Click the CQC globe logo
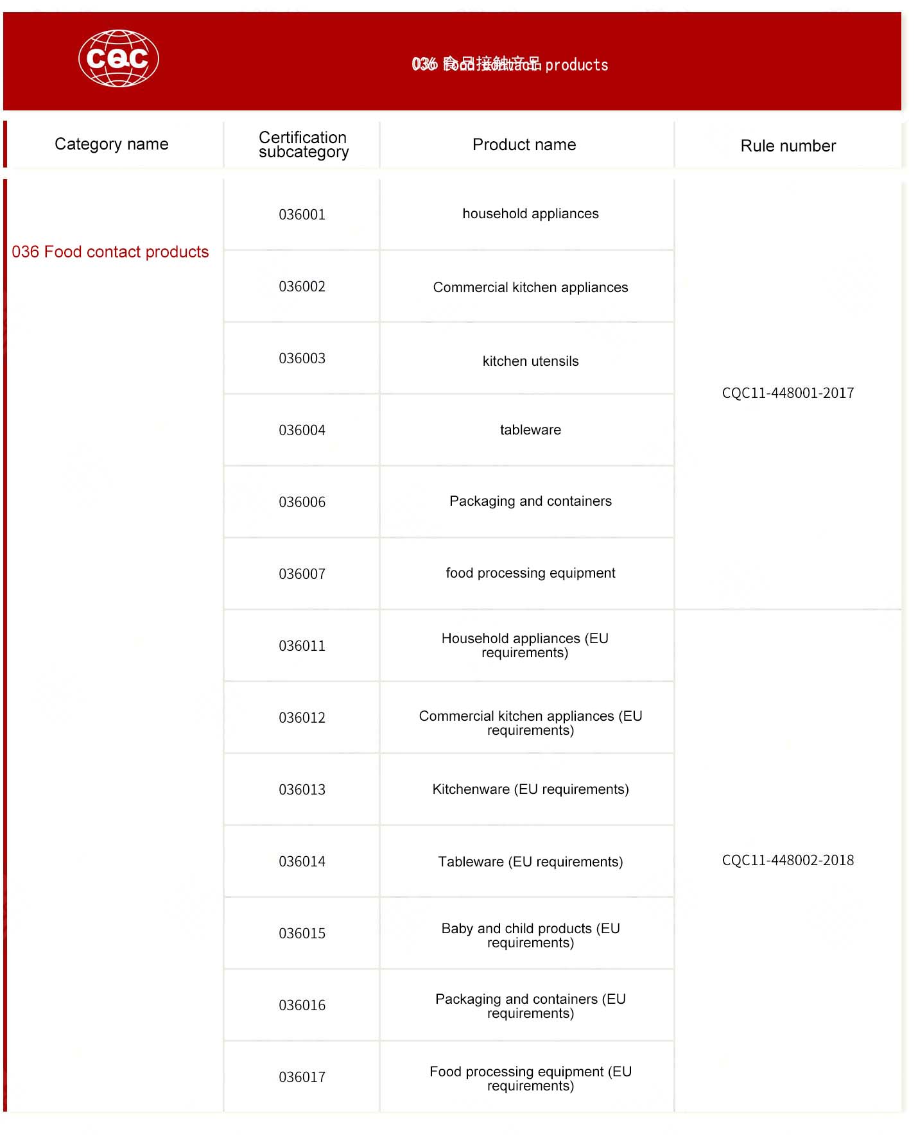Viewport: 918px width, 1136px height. tap(119, 58)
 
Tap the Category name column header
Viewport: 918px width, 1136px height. tap(112, 144)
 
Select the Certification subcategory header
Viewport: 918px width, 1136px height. tap(303, 145)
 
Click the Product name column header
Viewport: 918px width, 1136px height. tap(524, 145)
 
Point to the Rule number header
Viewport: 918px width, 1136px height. tap(788, 146)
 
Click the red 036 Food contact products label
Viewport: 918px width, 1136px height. tap(110, 252)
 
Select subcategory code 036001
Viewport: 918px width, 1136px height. tap(302, 215)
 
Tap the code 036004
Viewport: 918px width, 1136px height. tap(302, 431)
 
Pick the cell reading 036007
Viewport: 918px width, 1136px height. tap(302, 574)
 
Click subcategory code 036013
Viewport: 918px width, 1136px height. tap(302, 790)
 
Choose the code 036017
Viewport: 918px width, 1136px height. tap(302, 1078)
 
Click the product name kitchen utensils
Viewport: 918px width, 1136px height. tap(530, 361)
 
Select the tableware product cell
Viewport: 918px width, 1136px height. tap(530, 430)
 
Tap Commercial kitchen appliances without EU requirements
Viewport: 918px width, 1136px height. tap(530, 288)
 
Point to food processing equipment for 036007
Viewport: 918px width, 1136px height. tap(530, 573)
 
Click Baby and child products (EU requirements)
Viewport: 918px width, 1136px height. tap(530, 936)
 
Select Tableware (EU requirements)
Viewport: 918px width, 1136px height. tap(530, 862)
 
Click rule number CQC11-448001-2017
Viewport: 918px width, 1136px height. tap(788, 393)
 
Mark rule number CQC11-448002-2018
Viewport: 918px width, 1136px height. tap(788, 861)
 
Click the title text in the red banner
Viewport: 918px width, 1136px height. tap(510, 65)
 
